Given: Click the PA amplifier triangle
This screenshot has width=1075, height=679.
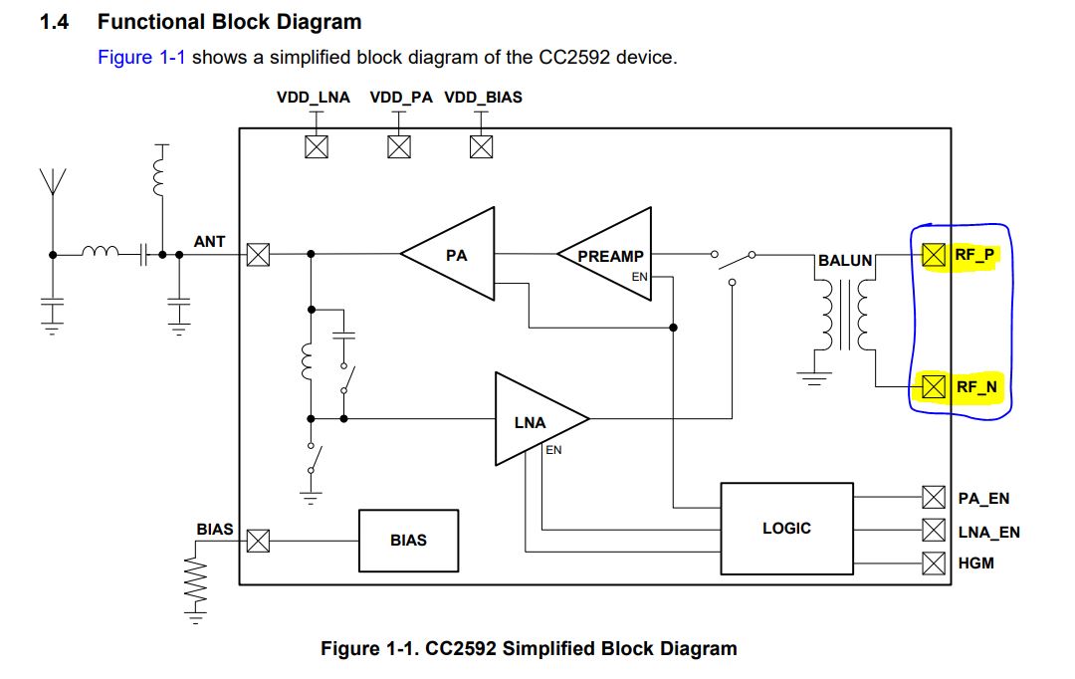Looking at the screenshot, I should pos(454,255).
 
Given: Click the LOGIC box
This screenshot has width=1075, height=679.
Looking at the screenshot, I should pos(786,528).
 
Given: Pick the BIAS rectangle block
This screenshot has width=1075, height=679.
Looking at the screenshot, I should pos(408,540).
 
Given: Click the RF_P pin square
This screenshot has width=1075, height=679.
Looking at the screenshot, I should pos(933,255).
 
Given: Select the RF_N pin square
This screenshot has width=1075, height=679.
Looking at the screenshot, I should pos(933,385).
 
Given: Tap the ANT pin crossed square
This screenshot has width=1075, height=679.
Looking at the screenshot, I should pos(258,255).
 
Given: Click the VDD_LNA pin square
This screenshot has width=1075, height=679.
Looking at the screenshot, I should pos(316,146).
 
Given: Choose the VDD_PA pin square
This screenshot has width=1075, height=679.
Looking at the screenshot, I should pos(398,146).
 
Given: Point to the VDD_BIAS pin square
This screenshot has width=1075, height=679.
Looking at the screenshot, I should pos(481,146).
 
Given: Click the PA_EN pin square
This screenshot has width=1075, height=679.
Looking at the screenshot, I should pos(933,496).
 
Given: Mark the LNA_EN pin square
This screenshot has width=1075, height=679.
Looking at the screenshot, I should pos(933,530).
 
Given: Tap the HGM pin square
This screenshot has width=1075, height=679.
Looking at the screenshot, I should pos(933,563).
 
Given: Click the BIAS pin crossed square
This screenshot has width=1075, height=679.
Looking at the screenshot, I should pos(258,541).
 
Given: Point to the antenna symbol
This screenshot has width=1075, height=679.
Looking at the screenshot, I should pos(52,184).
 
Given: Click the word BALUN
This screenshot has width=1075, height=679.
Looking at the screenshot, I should pos(845,261).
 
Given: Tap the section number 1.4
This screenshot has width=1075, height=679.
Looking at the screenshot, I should pos(53,21).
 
